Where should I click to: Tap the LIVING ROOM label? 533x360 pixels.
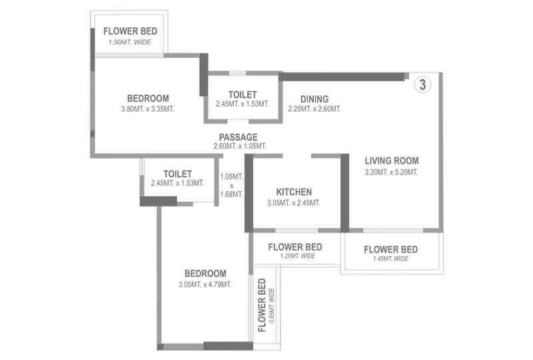[x=391, y=161]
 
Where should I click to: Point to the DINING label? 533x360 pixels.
[x=314, y=99]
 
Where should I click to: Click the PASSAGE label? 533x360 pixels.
[x=239, y=137]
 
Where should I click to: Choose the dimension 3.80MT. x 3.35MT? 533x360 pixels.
[x=147, y=109]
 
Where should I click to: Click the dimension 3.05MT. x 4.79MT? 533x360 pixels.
[x=205, y=285]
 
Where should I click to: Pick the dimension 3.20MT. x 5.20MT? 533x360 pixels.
[x=391, y=172]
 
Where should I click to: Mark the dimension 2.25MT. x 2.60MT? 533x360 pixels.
[x=314, y=109]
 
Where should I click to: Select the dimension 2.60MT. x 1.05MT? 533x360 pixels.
[x=239, y=147]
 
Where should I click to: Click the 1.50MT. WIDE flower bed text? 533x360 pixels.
[x=130, y=43]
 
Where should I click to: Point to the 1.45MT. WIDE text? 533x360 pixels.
[x=390, y=259]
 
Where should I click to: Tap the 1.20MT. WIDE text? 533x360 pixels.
[x=295, y=256]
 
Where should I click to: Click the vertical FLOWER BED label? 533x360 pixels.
[x=262, y=305]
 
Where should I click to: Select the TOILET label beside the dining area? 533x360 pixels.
[x=242, y=95]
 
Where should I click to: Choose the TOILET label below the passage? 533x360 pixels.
[x=177, y=173]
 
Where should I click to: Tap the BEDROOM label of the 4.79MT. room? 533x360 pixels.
[x=205, y=273]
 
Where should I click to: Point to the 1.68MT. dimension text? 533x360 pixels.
[x=231, y=195]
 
